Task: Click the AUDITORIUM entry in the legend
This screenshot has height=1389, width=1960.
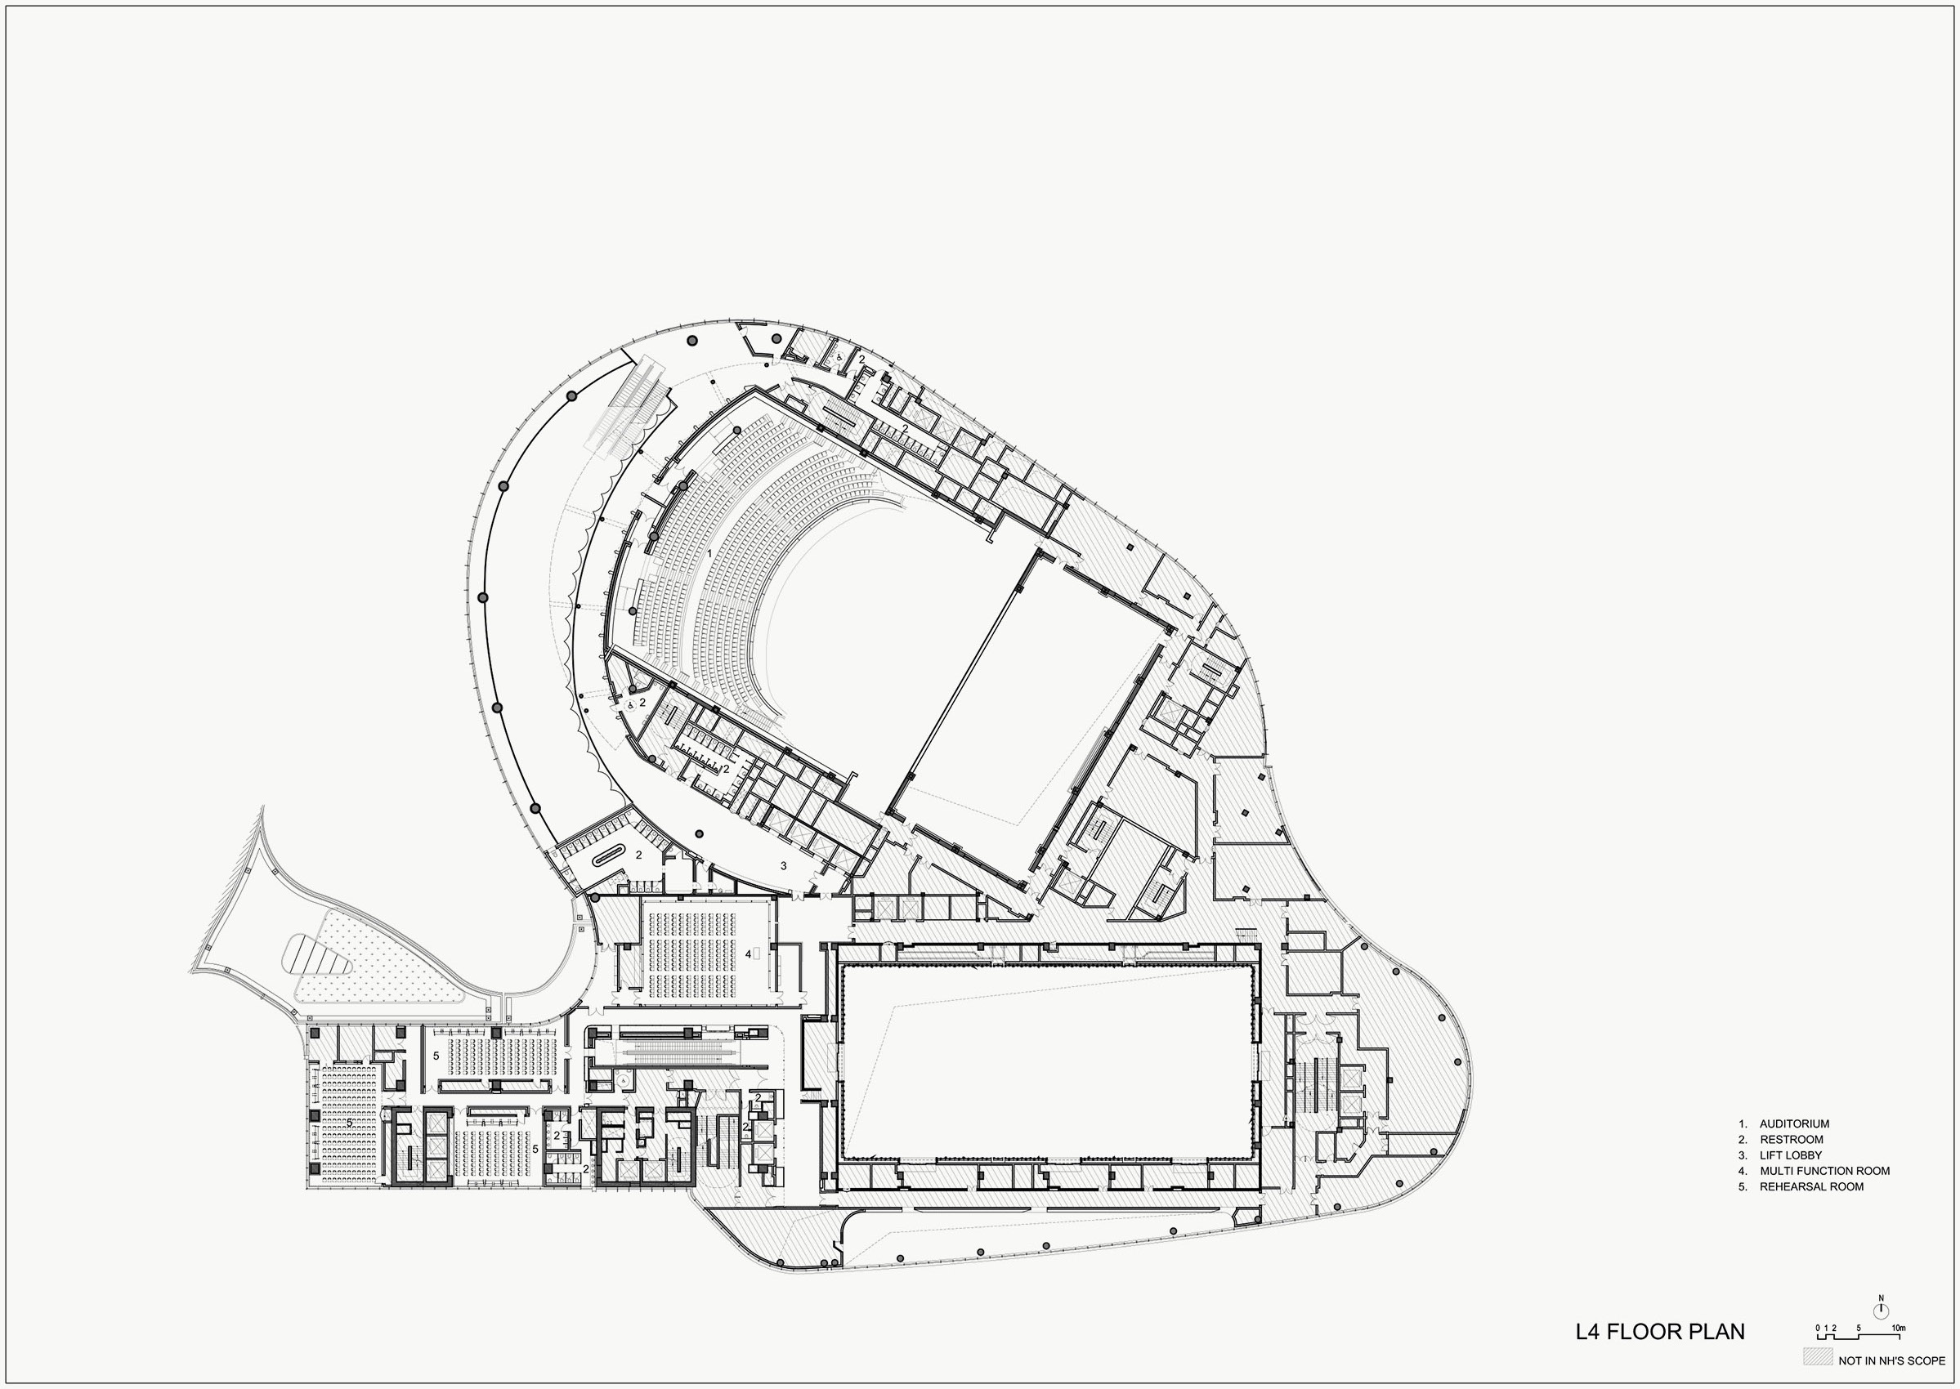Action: coord(1794,1123)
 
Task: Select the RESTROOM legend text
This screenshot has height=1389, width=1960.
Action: coord(1791,1139)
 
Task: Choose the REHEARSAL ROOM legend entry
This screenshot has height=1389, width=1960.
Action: coord(1811,1187)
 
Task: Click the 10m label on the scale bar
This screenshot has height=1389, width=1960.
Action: coord(1898,1328)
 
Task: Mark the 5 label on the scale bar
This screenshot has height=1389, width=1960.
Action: coord(1858,1328)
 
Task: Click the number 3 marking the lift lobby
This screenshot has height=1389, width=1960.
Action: coord(783,865)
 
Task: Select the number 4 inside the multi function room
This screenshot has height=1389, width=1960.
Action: coord(748,953)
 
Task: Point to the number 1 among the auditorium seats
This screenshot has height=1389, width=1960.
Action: coord(709,553)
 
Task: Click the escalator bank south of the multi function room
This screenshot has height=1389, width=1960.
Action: coord(684,1047)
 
